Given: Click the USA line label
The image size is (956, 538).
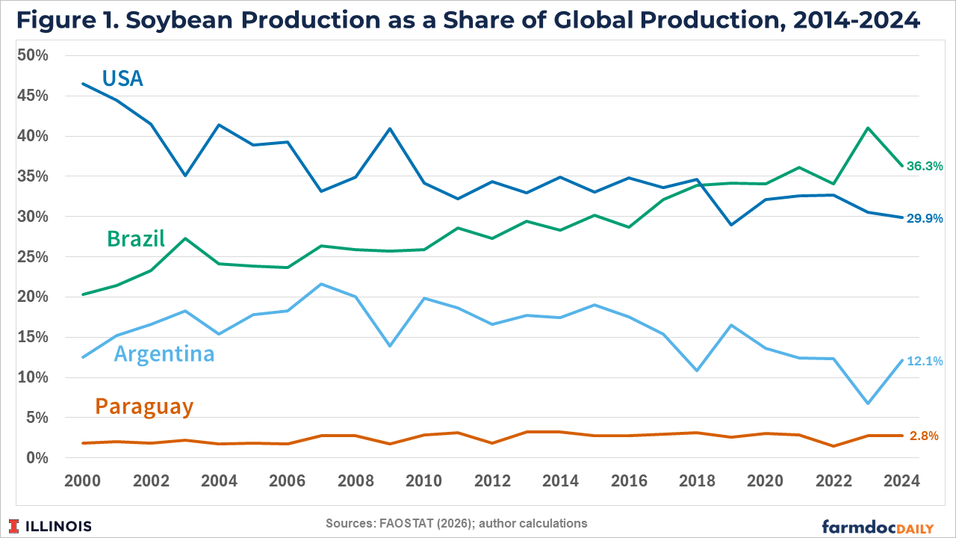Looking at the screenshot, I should [122, 78].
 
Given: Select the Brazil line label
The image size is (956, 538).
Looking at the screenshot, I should [135, 238].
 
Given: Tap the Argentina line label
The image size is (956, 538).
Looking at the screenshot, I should [164, 353].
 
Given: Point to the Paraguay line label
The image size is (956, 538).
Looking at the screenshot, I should [144, 406].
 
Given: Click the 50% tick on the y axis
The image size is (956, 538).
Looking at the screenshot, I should [34, 56].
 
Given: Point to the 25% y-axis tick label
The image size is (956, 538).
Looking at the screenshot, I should [34, 257].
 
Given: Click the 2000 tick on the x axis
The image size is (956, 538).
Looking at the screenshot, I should [82, 480].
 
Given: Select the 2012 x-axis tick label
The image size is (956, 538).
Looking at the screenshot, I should [492, 480].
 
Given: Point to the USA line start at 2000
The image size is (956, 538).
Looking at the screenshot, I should [82, 84].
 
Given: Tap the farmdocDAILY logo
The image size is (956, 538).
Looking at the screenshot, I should [878, 527].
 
